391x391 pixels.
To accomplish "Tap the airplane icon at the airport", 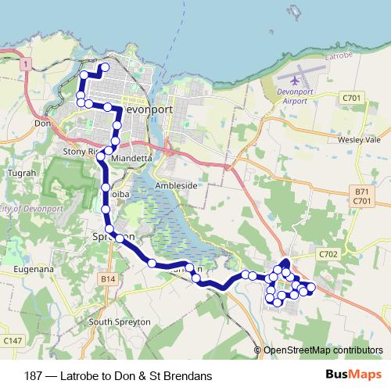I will (295, 78).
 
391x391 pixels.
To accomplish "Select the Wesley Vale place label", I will (359, 139).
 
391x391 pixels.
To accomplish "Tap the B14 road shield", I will (108, 278).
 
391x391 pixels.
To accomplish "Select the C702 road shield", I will (328, 254).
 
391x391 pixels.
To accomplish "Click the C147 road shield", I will (12, 341).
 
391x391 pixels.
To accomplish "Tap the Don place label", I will (42, 123).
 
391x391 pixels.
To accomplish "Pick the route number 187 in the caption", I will (34, 376).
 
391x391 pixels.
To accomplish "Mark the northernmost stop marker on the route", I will (104, 66).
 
